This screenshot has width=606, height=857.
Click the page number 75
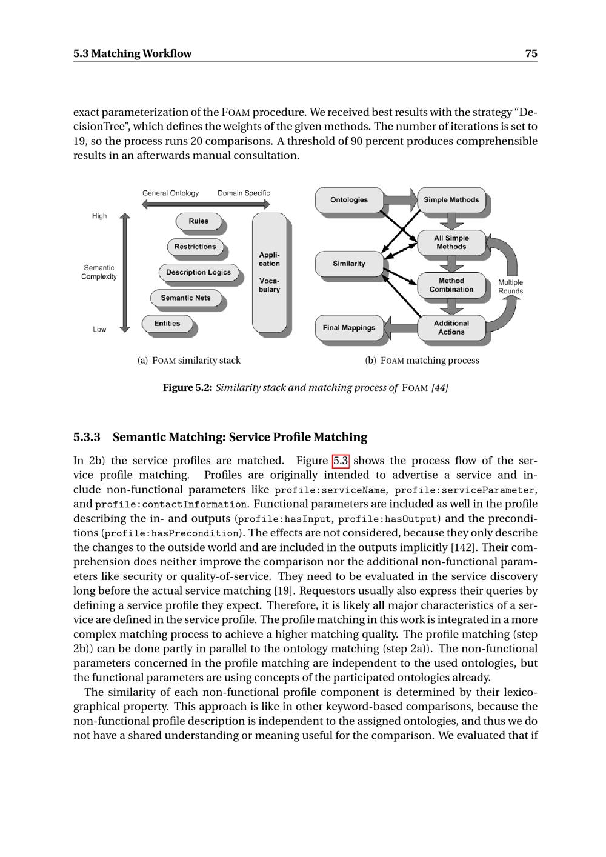(531, 53)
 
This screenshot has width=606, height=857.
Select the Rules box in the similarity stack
(198, 221)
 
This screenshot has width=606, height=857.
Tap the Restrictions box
(195, 247)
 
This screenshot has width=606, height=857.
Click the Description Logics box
(198, 272)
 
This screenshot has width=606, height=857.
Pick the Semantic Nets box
(185, 298)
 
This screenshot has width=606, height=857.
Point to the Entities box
(167, 324)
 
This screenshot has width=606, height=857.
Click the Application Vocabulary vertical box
(269, 272)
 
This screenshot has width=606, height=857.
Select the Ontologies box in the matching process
(349, 199)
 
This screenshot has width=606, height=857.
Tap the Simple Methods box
(451, 199)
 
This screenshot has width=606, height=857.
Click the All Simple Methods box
(451, 242)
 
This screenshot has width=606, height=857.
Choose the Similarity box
(349, 264)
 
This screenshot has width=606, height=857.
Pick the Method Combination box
(451, 285)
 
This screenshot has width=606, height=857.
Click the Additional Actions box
(451, 327)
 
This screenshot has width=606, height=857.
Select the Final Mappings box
(349, 328)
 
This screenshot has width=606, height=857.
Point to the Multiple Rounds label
(510, 287)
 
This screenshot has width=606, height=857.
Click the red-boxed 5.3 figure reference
(341, 461)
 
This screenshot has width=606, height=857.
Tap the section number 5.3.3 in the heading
(87, 437)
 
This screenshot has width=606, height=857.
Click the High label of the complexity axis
(99, 216)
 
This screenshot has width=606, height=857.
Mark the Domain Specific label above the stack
(244, 193)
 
